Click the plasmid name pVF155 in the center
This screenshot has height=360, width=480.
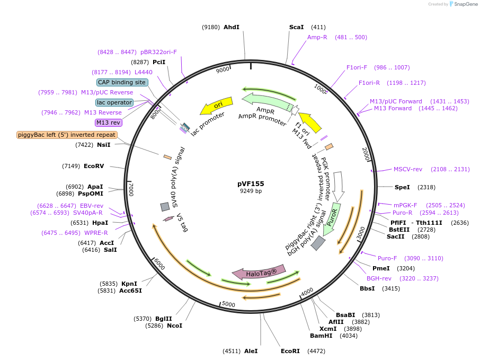pyautogui.click(x=251, y=183)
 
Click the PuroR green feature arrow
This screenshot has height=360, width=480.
pyautogui.click(x=333, y=218)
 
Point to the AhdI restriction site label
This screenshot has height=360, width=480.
pyautogui.click(x=232, y=27)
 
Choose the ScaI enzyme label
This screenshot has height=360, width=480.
pyautogui.click(x=297, y=27)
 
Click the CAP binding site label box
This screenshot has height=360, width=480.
pyautogui.click(x=121, y=82)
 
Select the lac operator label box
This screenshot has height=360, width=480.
pyautogui.click(x=114, y=102)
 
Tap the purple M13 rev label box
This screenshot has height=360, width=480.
pyautogui.click(x=108, y=122)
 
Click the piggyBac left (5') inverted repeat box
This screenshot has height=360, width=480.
pyautogui.click(x=67, y=135)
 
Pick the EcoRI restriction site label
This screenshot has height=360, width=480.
pyautogui.click(x=290, y=351)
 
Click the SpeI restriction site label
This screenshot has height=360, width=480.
pyautogui.click(x=403, y=187)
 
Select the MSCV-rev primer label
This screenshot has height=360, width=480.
pyautogui.click(x=408, y=170)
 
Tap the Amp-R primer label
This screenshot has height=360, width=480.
pyautogui.click(x=317, y=37)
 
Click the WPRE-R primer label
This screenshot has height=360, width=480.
pyautogui.click(x=96, y=233)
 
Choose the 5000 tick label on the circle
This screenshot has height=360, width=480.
pyautogui.click(x=228, y=304)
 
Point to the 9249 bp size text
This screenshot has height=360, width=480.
pyautogui.click(x=251, y=191)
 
